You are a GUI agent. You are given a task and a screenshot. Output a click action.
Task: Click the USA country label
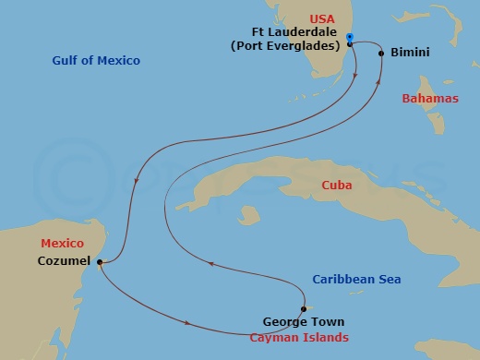pyautogui.click(x=322, y=18)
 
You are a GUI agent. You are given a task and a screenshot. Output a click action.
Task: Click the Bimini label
pyautogui.click(x=409, y=54)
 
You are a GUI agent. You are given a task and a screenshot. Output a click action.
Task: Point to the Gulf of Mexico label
pyautogui.click(x=96, y=61)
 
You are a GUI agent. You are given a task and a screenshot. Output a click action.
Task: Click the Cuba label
pyautogui.click(x=336, y=186)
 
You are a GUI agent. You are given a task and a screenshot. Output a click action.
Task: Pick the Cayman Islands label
pyautogui.click(x=300, y=338)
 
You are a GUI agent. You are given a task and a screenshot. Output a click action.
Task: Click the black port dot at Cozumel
pyautogui.click(x=98, y=263)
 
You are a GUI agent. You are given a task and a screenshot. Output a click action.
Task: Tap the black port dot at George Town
pyautogui.click(x=303, y=309)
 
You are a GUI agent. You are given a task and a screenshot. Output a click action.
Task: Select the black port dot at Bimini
pyautogui.click(x=381, y=54)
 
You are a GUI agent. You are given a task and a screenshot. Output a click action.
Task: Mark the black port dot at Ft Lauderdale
pyautogui.click(x=350, y=43)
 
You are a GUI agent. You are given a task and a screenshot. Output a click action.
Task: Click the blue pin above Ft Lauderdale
pyautogui.click(x=350, y=37)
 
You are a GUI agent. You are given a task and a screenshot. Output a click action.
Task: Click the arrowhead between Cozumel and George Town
pyautogui.click(x=190, y=323)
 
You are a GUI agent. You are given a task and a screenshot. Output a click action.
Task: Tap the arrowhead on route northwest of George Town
pyautogui.click(x=211, y=263)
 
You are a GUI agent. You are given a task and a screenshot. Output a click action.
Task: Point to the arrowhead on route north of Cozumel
pyautogui.click(x=137, y=181)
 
